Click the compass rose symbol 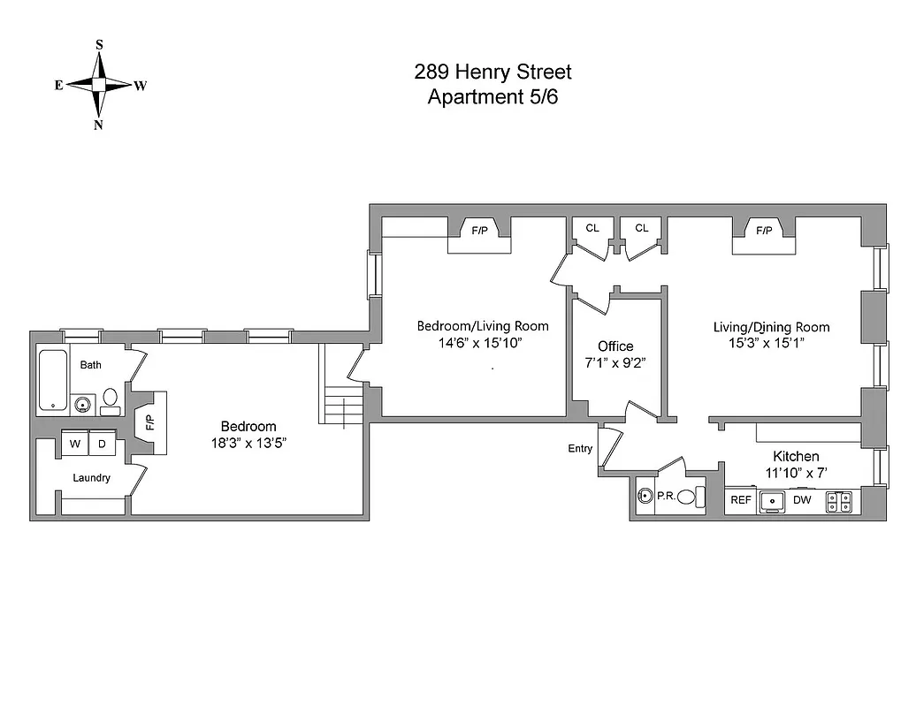pyautogui.click(x=99, y=85)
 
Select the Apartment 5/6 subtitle pyautogui.click(x=492, y=97)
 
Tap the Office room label pyautogui.click(x=615, y=346)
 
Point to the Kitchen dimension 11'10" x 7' pyautogui.click(x=796, y=473)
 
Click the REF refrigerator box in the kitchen pyautogui.click(x=740, y=500)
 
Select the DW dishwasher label pyautogui.click(x=802, y=500)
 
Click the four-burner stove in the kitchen pyautogui.click(x=839, y=502)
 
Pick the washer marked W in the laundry pyautogui.click(x=76, y=445)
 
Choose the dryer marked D pyautogui.click(x=102, y=445)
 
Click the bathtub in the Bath pyautogui.click(x=54, y=379)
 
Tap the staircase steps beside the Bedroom pyautogui.click(x=344, y=410)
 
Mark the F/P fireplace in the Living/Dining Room pyautogui.click(x=764, y=231)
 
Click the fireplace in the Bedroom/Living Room pyautogui.click(x=479, y=231)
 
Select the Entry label pyautogui.click(x=580, y=449)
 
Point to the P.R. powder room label pyautogui.click(x=666, y=497)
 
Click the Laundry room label pyautogui.click(x=92, y=478)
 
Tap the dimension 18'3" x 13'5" pyautogui.click(x=248, y=444)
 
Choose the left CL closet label pyautogui.click(x=592, y=228)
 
